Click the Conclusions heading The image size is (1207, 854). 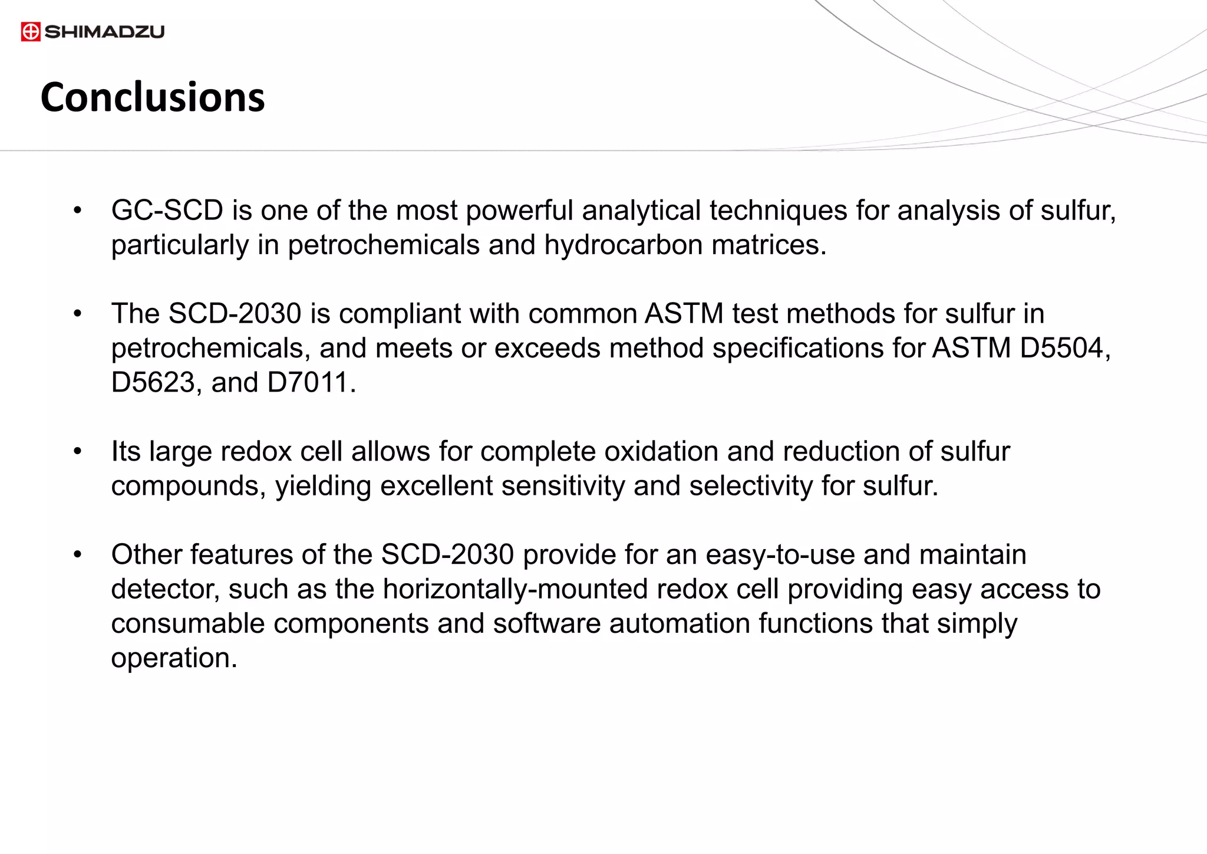pos(153,97)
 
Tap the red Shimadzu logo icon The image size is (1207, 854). pos(31,32)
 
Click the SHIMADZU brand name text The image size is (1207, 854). pos(104,32)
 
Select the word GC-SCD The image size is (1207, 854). pos(167,211)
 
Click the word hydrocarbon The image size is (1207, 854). pos(623,245)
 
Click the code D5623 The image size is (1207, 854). pos(153,383)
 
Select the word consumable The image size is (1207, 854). pos(188,624)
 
